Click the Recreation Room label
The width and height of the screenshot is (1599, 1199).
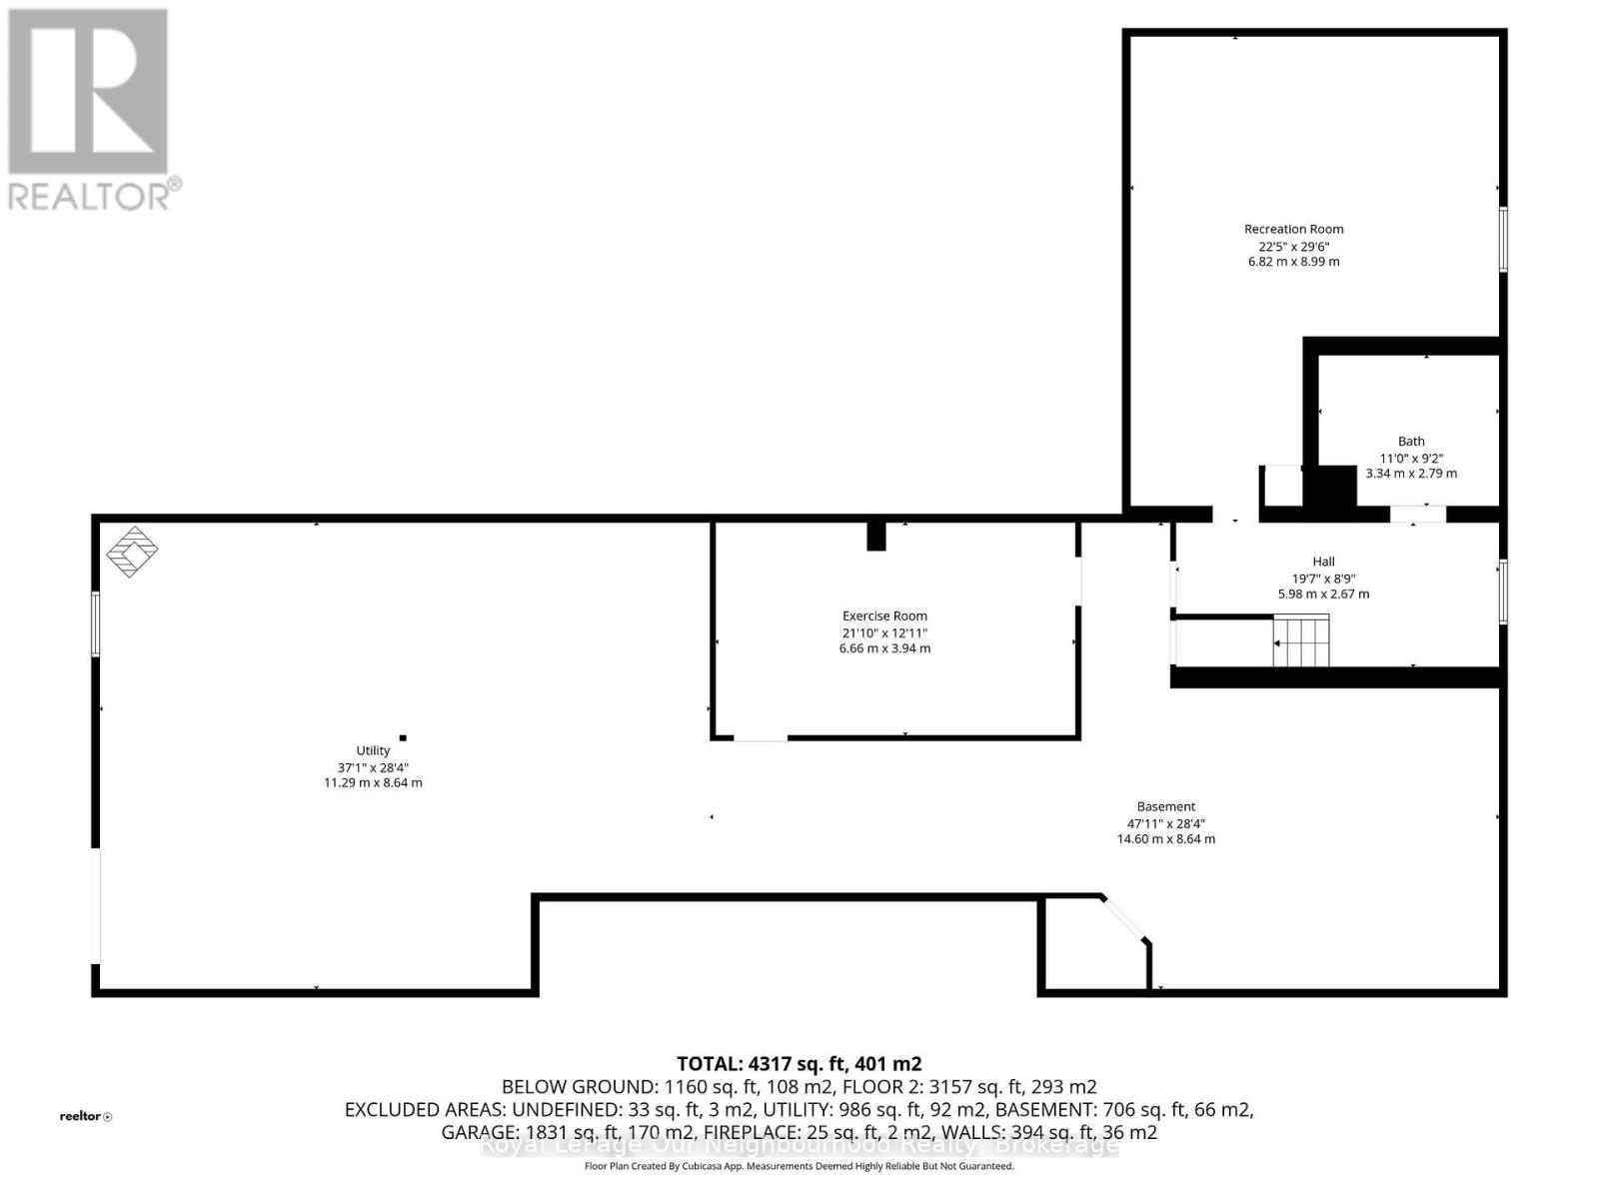1293,229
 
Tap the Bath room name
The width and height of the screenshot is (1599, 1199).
1411,441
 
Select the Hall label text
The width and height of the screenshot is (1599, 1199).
1323,562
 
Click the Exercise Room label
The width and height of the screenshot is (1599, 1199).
884,616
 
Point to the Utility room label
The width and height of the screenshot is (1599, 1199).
373,750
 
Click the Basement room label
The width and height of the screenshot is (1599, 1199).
1165,806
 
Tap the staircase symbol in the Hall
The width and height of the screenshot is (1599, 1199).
1301,640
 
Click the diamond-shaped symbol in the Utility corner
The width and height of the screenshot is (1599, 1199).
132,551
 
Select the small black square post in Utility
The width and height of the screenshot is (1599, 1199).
403,737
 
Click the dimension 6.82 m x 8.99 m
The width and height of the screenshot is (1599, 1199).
1293,262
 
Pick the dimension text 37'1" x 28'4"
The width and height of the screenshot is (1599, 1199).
373,767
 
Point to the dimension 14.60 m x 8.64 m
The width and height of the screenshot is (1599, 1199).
1165,839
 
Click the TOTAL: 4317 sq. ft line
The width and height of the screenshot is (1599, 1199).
799,1063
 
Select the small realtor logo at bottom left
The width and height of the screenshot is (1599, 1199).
85,1116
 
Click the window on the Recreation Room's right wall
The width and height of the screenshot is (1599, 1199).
1502,239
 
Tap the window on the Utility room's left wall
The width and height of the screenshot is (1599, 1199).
96,623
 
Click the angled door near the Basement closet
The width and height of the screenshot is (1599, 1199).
1124,918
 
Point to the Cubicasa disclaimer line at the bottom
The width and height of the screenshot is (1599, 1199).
799,1166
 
